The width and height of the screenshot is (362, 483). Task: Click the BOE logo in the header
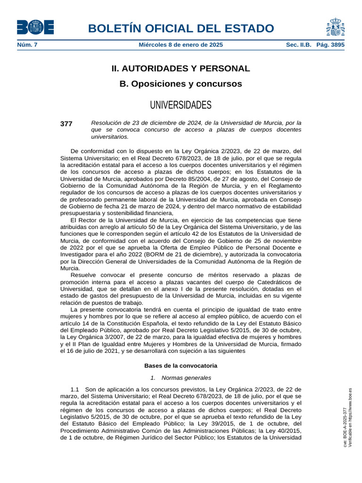click(x=35, y=27)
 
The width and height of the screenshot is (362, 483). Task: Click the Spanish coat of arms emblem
click(x=335, y=27)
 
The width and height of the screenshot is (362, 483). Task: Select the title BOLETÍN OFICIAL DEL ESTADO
click(x=181, y=28)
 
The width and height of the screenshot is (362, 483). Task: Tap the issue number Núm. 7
click(x=27, y=45)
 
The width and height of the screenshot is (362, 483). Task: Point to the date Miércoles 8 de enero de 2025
click(x=181, y=45)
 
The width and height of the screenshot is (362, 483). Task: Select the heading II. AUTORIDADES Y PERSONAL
click(x=181, y=68)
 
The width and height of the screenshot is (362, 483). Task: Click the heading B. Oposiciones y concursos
click(x=181, y=84)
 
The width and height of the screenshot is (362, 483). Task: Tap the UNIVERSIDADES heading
click(x=181, y=104)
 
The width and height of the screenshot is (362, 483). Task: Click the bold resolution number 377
click(x=66, y=124)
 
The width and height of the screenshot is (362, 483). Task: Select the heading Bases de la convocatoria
click(x=181, y=366)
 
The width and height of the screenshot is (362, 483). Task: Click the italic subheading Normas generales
click(x=186, y=377)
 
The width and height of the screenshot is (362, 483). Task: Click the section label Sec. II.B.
click(x=299, y=45)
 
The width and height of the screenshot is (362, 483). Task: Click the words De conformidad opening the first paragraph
click(x=92, y=151)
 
